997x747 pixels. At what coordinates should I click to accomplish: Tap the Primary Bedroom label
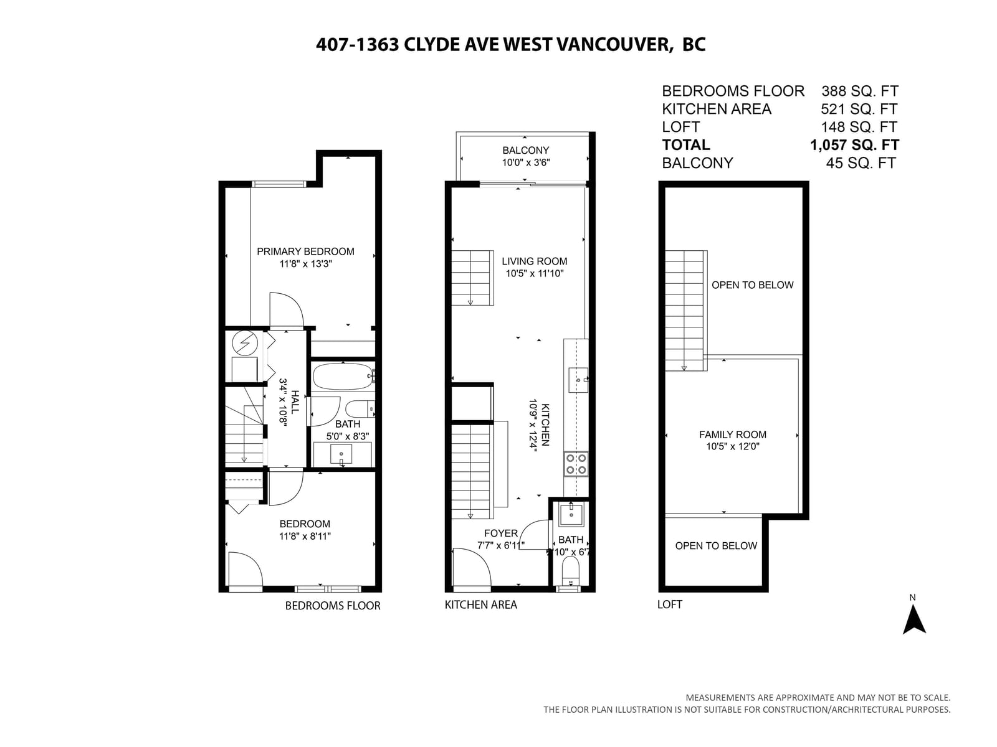[x=305, y=251]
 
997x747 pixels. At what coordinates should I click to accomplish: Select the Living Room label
[x=534, y=261]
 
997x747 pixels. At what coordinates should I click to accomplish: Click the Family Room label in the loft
[x=733, y=435]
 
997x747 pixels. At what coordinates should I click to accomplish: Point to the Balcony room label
[x=525, y=150]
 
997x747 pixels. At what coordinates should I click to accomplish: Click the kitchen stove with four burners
[x=576, y=464]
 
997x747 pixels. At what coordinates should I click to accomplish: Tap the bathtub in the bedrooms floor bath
[x=343, y=376]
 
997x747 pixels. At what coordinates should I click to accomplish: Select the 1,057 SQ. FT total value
[x=854, y=144]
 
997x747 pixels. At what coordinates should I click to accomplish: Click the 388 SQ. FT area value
[x=860, y=91]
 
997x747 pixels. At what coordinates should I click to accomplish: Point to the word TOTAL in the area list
[x=686, y=144]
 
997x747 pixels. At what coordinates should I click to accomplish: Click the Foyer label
[x=500, y=533]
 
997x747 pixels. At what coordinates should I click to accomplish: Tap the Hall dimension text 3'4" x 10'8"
[x=284, y=402]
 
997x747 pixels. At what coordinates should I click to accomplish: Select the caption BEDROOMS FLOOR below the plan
[x=333, y=606]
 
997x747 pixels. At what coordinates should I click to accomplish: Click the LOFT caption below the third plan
[x=669, y=604]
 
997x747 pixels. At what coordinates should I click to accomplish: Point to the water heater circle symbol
[x=245, y=344]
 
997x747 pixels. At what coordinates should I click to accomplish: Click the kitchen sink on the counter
[x=578, y=380]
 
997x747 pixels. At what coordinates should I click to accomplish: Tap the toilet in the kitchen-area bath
[x=571, y=571]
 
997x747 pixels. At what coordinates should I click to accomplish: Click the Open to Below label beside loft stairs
[x=752, y=285]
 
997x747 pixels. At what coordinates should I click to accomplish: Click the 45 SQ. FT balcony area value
[x=861, y=163]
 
